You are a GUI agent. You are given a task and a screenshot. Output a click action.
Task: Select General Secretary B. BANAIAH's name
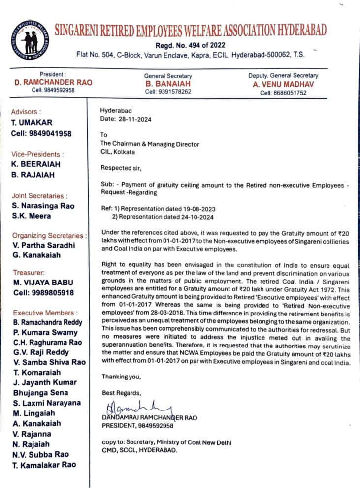[168, 84]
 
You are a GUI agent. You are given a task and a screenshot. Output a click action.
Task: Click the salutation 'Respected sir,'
[121, 168]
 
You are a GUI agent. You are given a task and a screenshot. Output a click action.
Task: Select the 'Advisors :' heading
[27, 112]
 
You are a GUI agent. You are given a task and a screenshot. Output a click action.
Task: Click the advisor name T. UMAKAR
[32, 123]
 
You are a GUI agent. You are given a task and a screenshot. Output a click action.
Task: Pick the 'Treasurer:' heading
[29, 272]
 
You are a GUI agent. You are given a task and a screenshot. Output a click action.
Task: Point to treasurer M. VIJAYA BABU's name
[42, 283]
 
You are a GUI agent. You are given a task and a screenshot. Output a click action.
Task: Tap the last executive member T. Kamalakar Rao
[44, 465]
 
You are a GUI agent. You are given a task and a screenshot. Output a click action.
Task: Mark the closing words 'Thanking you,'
[121, 377]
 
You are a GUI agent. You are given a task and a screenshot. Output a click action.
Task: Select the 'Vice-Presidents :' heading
[36, 154]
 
